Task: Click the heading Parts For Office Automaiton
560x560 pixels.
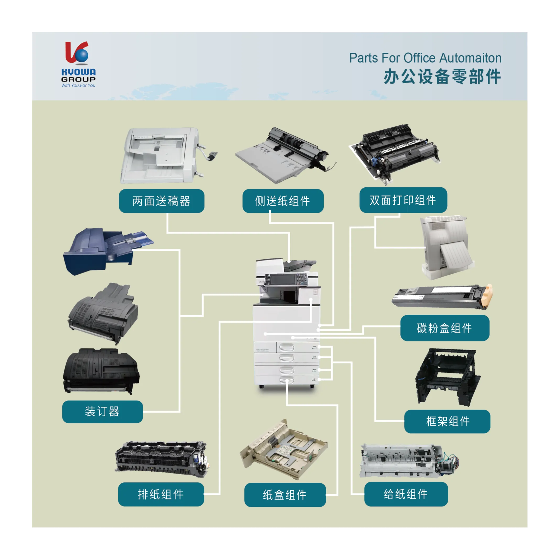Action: [x=425, y=58]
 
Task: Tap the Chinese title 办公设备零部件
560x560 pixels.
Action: [x=442, y=77]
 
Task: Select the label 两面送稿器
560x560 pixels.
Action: [x=161, y=201]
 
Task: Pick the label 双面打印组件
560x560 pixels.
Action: [x=403, y=200]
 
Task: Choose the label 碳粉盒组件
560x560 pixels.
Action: [x=445, y=328]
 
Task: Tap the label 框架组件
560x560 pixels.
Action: [x=447, y=421]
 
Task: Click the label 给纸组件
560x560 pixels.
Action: [x=406, y=494]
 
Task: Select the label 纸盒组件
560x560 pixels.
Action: [x=285, y=495]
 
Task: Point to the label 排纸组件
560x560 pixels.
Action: [x=161, y=494]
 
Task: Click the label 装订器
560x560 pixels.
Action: [x=102, y=412]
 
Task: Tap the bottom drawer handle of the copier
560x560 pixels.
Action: [x=286, y=380]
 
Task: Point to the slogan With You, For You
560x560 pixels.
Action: [x=78, y=85]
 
